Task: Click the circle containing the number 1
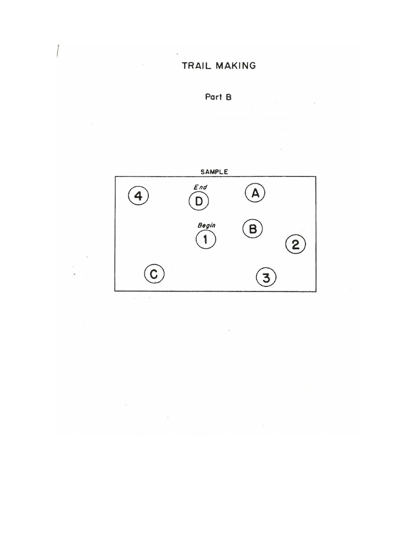[206, 240]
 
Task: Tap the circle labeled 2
[296, 244]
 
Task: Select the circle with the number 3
[266, 277]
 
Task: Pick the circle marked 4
[138, 196]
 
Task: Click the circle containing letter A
[255, 193]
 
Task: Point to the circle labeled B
[253, 228]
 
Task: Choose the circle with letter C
[154, 274]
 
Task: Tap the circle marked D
[199, 201]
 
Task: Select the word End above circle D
[200, 187]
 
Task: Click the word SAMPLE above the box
[214, 171]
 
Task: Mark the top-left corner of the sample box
[115, 177]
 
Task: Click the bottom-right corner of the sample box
[316, 291]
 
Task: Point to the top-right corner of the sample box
[316, 177]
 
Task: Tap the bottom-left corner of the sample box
[115, 291]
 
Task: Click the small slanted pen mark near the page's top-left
[57, 51]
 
